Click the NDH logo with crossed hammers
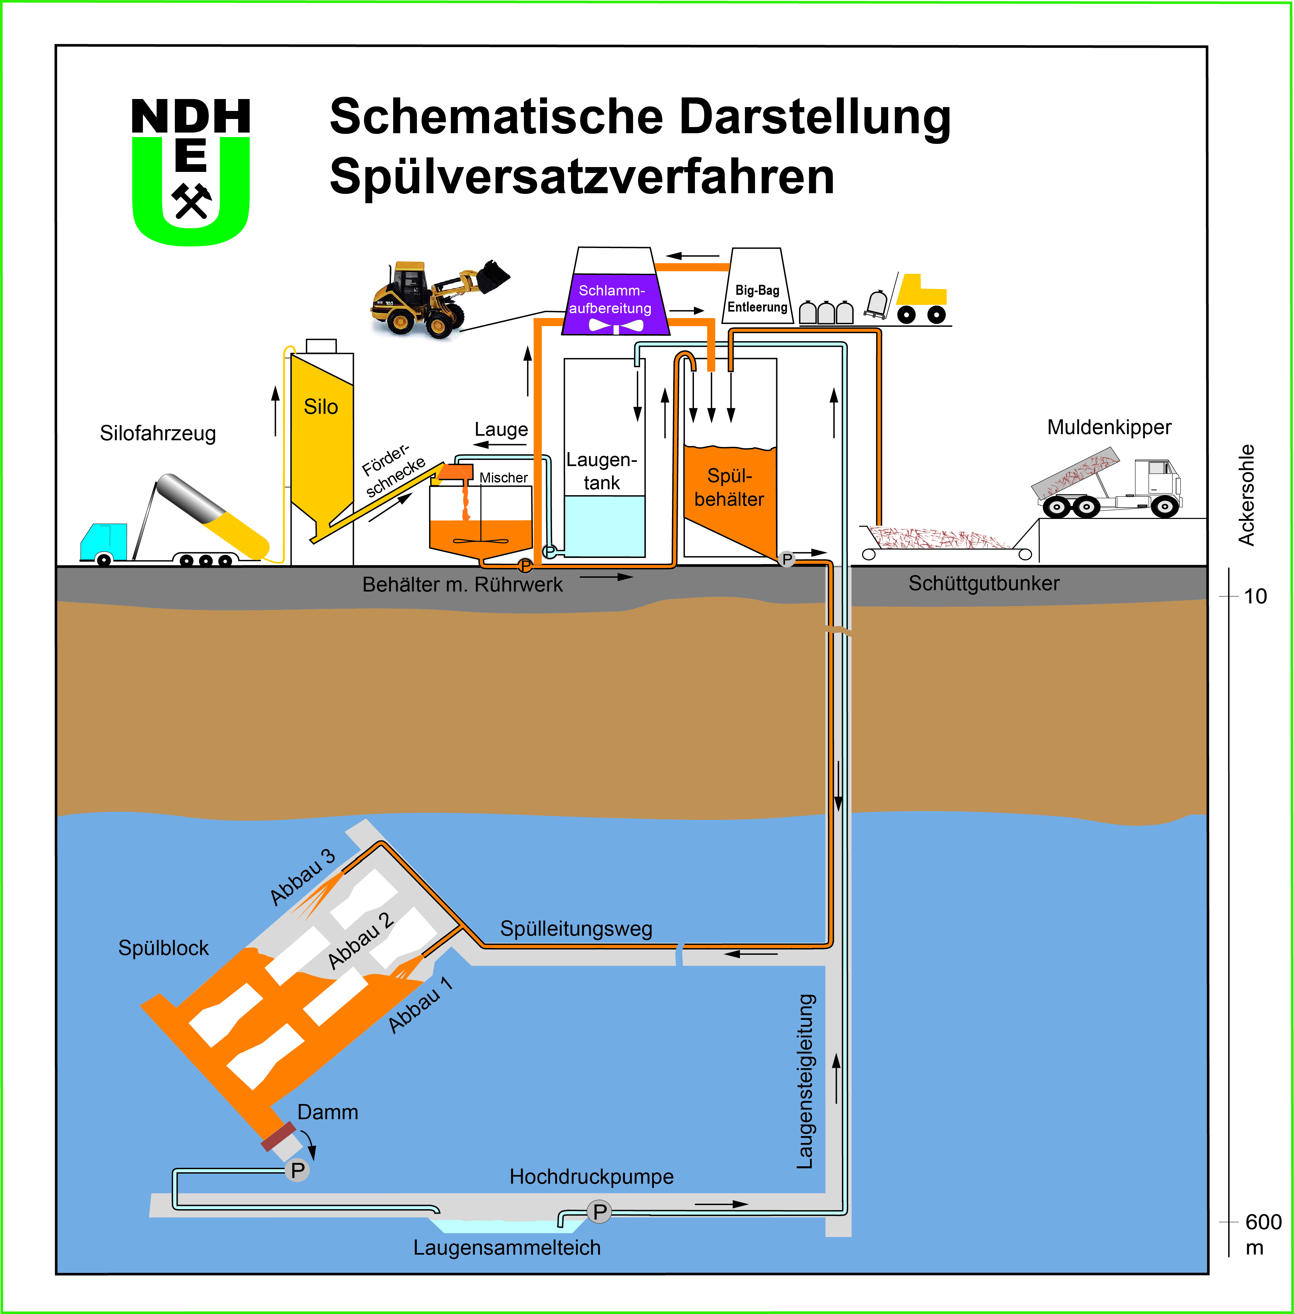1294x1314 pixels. click(191, 171)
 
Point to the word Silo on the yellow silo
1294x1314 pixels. click(321, 407)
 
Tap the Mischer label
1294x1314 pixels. click(504, 478)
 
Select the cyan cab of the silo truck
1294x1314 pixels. click(103, 540)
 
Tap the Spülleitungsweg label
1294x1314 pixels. click(576, 929)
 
